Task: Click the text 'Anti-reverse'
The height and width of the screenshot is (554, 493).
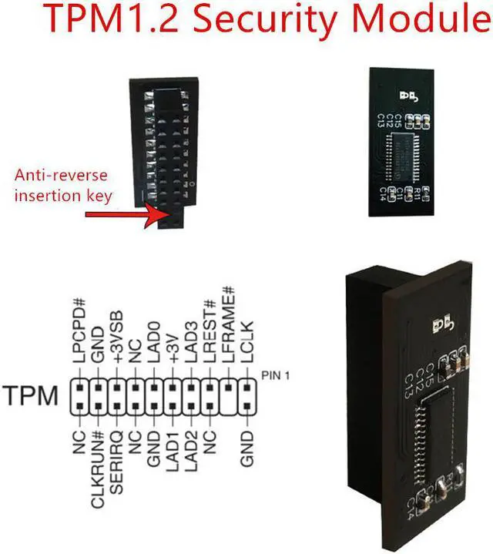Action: pyautogui.click(x=57, y=176)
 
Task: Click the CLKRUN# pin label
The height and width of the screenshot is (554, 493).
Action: pyautogui.click(x=98, y=462)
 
